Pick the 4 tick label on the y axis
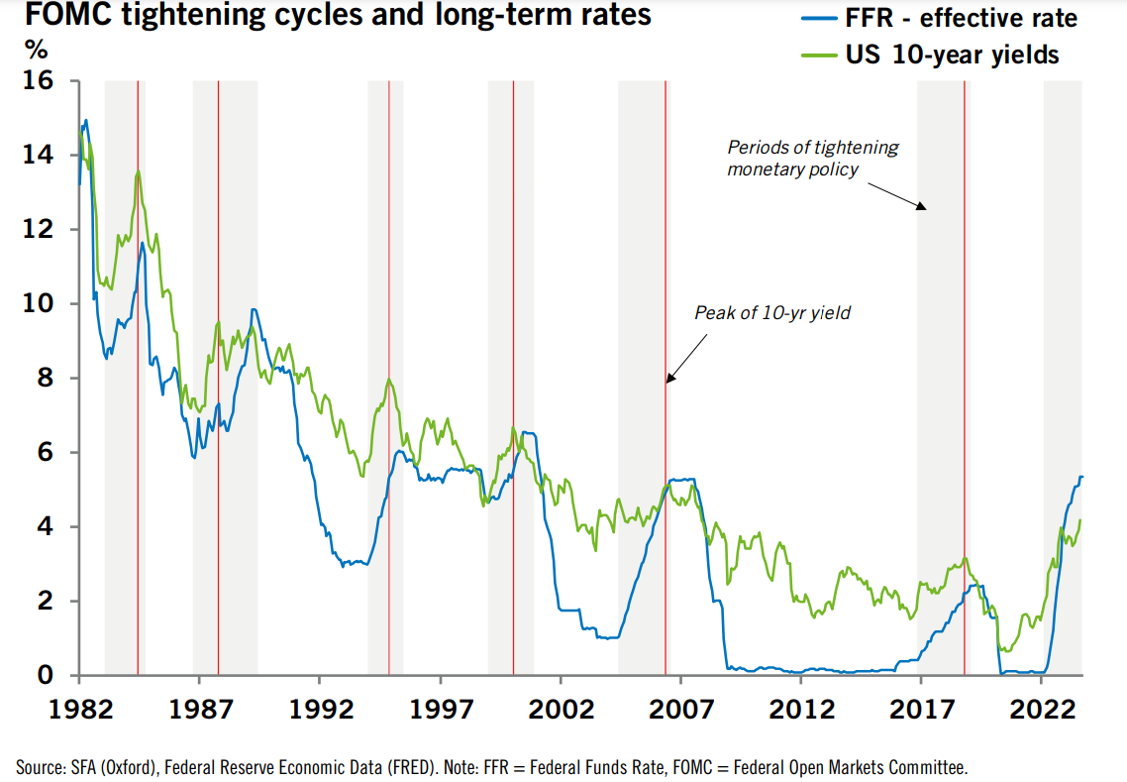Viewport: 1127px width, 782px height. [x=51, y=527]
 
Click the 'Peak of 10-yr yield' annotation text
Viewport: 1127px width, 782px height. [x=772, y=313]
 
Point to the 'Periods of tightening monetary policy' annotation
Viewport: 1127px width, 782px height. [x=812, y=159]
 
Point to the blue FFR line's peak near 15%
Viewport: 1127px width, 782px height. [x=86, y=120]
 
